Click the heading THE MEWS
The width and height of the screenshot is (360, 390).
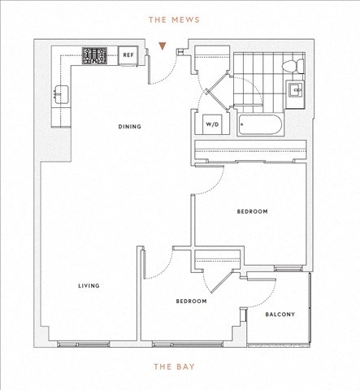pyautogui.click(x=174, y=19)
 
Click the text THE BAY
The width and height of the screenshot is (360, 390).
pyautogui.click(x=175, y=366)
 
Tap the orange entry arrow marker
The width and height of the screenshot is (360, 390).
pyautogui.click(x=163, y=46)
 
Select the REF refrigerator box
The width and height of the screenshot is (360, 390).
pyautogui.click(x=128, y=55)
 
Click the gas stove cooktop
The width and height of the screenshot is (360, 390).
pyautogui.click(x=94, y=56)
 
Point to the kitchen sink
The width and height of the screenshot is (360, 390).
pyautogui.click(x=62, y=94)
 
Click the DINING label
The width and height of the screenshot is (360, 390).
pyautogui.click(x=130, y=127)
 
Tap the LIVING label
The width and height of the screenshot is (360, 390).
pyautogui.click(x=89, y=286)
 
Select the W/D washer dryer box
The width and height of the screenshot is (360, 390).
pyautogui.click(x=212, y=124)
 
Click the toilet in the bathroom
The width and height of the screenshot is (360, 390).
pyautogui.click(x=293, y=66)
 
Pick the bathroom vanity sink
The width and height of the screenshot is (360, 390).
pyautogui.click(x=295, y=90)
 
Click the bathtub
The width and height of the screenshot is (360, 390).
pyautogui.click(x=260, y=124)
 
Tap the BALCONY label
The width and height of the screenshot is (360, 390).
pyautogui.click(x=280, y=314)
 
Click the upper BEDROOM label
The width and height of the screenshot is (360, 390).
pyautogui.click(x=253, y=211)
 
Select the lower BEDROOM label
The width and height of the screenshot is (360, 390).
pyautogui.click(x=192, y=301)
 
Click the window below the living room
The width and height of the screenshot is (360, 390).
pyautogui.click(x=84, y=344)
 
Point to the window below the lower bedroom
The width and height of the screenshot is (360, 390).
pyautogui.click(x=188, y=344)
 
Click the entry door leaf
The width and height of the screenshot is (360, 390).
pyautogui.click(x=149, y=70)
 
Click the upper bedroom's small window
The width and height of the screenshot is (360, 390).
pyautogui.click(x=288, y=269)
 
